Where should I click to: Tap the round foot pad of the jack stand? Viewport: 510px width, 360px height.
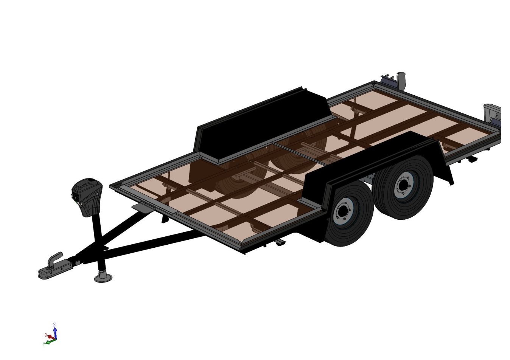[x=103, y=278]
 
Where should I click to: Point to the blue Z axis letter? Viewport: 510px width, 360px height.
[x=54, y=324]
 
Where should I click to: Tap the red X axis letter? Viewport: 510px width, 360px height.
[x=46, y=335]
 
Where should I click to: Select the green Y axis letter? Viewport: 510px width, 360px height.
[x=44, y=344]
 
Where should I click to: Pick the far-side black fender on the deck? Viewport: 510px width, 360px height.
[x=262, y=125]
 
